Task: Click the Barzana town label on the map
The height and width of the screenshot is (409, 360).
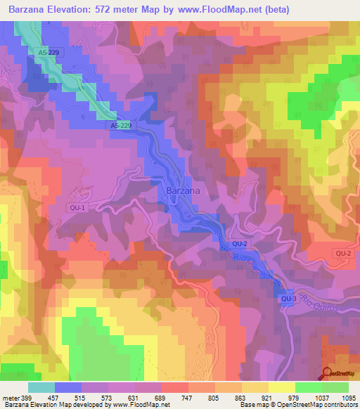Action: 184,190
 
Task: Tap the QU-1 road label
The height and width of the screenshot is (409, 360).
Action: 77,208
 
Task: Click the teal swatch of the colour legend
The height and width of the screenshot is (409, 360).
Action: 41,387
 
